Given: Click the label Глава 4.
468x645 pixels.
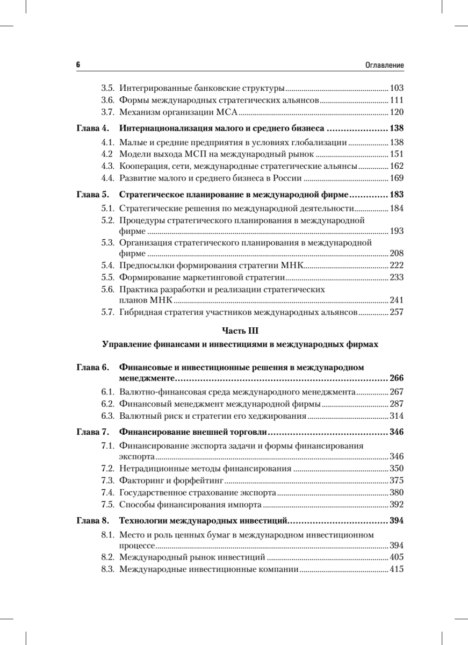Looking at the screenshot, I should point(92,129).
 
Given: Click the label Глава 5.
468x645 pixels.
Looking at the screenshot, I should point(92,195).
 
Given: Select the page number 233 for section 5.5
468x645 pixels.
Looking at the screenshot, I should point(397,277).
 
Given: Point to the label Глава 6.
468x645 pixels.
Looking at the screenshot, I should point(92,368).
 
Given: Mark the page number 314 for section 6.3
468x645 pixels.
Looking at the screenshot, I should point(397,415).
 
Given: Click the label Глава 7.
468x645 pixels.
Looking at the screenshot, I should point(92,432).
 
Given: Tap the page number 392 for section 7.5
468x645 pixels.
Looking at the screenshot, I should point(397,505).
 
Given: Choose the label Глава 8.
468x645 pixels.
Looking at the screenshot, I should point(92,521).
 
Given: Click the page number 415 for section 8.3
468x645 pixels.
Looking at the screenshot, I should point(397,569).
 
